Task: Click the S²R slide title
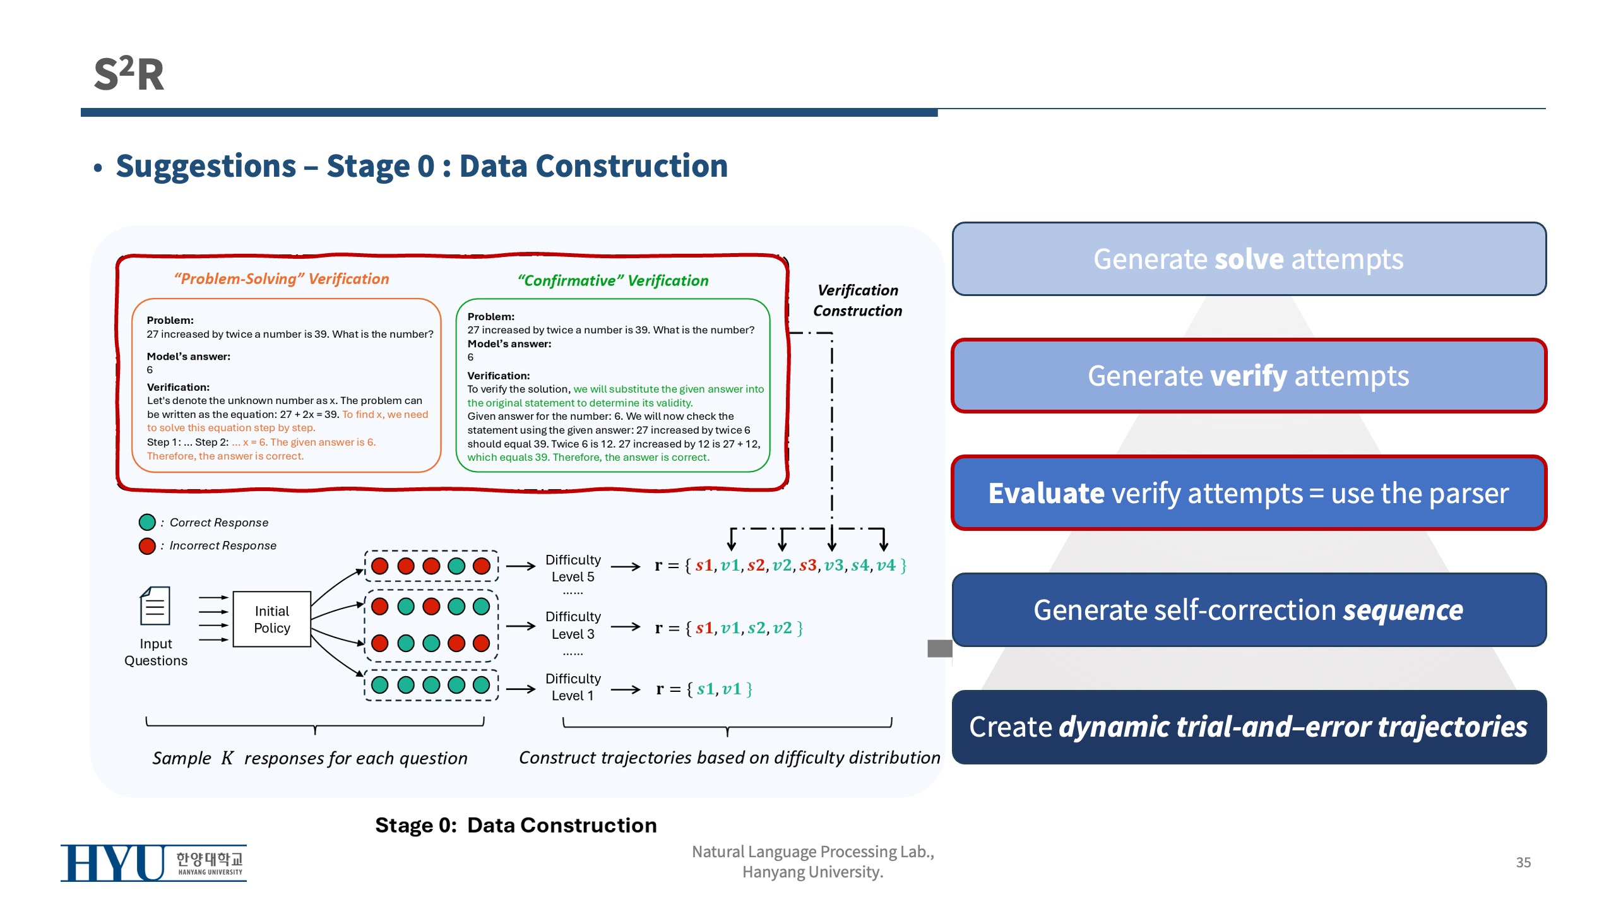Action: coord(129,74)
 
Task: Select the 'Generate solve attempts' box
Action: coord(1249,259)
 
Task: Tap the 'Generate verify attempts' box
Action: coord(1249,376)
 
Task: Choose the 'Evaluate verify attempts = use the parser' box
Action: coord(1249,493)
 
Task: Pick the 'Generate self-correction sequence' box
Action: coord(1249,610)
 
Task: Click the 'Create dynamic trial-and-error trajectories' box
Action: coord(1249,727)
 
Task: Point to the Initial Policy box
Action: coord(272,619)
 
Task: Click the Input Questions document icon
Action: coord(155,606)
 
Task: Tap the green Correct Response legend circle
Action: coord(147,522)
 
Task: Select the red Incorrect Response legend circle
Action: coord(147,545)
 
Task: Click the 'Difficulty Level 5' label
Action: coord(573,568)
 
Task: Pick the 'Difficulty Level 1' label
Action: coord(573,687)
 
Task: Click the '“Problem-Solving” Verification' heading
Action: coord(282,279)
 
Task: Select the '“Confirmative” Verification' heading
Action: coord(613,281)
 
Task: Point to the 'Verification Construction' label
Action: coord(857,300)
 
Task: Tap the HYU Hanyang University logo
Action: coord(153,863)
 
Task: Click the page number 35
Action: coord(1523,862)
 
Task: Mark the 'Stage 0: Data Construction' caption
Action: coord(516,825)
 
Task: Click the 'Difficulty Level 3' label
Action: coord(573,625)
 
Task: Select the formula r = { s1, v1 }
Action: coord(704,689)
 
